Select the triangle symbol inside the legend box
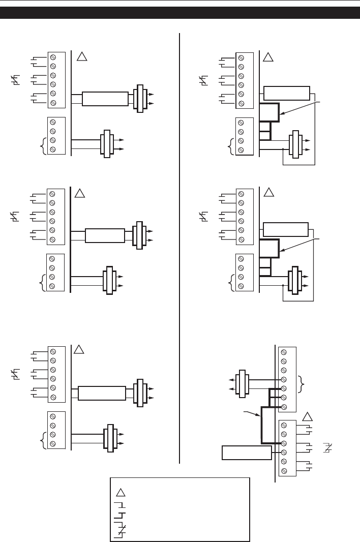click(x=121, y=492)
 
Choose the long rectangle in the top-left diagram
click(x=105, y=99)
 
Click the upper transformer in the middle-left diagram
click(x=139, y=235)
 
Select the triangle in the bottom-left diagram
click(x=79, y=350)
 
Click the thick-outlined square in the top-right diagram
click(x=269, y=112)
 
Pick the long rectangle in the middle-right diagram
click(x=286, y=229)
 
